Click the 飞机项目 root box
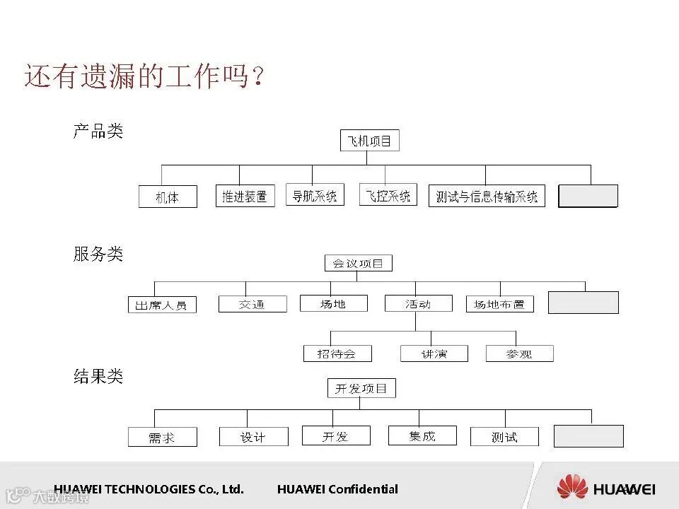[370, 141]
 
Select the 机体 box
[168, 197]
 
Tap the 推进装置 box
[245, 196]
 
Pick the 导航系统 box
[315, 194]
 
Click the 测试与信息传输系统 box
[487, 196]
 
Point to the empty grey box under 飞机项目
[588, 196]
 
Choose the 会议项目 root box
[358, 264]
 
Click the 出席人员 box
[162, 305]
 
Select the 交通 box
[253, 304]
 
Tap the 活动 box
[418, 303]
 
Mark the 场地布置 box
[499, 304]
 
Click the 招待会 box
[338, 353]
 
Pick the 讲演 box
[434, 353]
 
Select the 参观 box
[519, 353]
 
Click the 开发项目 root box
[361, 388]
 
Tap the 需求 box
[162, 437]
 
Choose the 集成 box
[422, 435]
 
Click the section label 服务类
[98, 254]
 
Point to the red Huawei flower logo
[572, 488]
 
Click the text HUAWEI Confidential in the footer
[337, 489]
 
